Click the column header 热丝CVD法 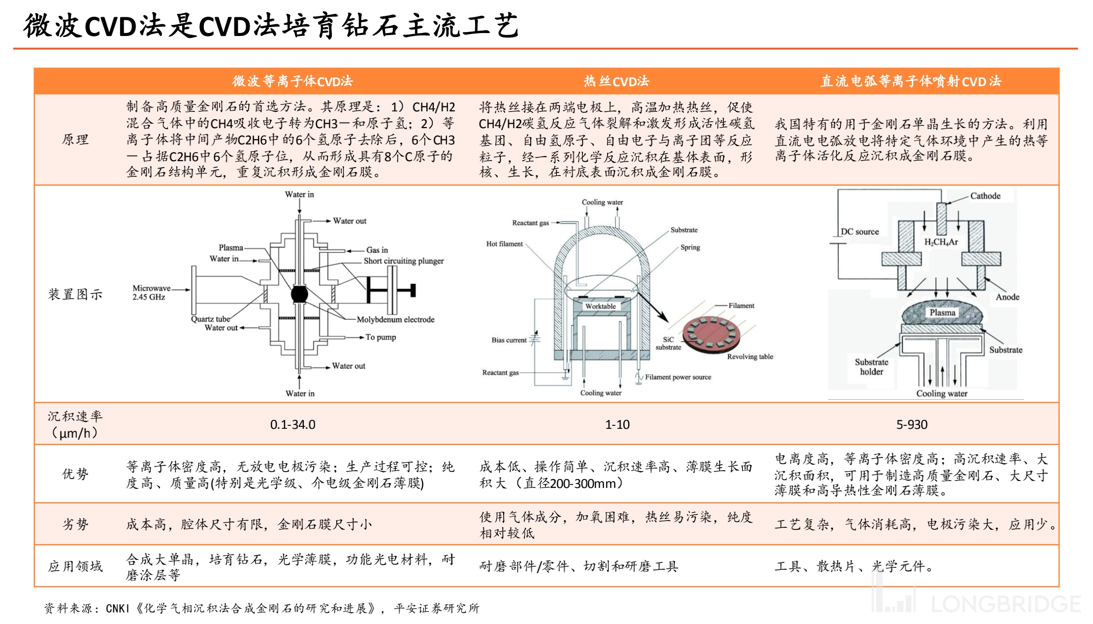[616, 81]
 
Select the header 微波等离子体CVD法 [292, 81]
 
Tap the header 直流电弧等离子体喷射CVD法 [911, 81]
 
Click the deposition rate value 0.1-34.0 [292, 424]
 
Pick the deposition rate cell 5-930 [911, 424]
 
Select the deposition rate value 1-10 [617, 424]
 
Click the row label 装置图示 [75, 294]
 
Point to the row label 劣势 [75, 524]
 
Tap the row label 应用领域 [75, 566]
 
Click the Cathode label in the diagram [985, 196]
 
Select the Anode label [1007, 297]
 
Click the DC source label [860, 232]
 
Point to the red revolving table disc [711, 334]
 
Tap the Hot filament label [504, 243]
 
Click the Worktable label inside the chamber [600, 306]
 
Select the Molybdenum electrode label [395, 319]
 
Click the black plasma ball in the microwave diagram [299, 294]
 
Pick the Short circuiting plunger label [403, 261]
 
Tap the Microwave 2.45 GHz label [151, 292]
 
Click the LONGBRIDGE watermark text [1006, 604]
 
